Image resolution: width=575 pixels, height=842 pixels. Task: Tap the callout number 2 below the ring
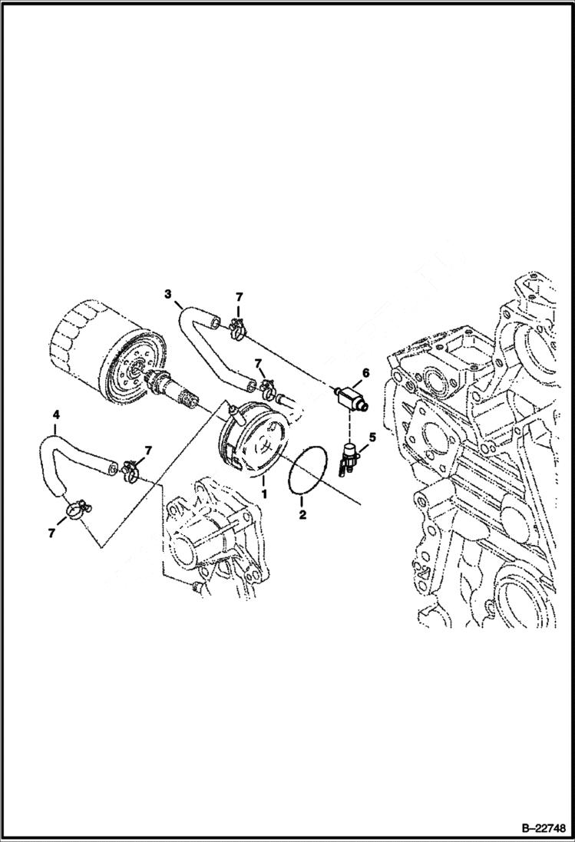click(302, 514)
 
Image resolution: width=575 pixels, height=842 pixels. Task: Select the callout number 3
click(167, 294)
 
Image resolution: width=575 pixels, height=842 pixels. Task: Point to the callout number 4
click(55, 415)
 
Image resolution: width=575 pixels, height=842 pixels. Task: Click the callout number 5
click(372, 438)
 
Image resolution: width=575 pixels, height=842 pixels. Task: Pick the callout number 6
click(365, 372)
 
